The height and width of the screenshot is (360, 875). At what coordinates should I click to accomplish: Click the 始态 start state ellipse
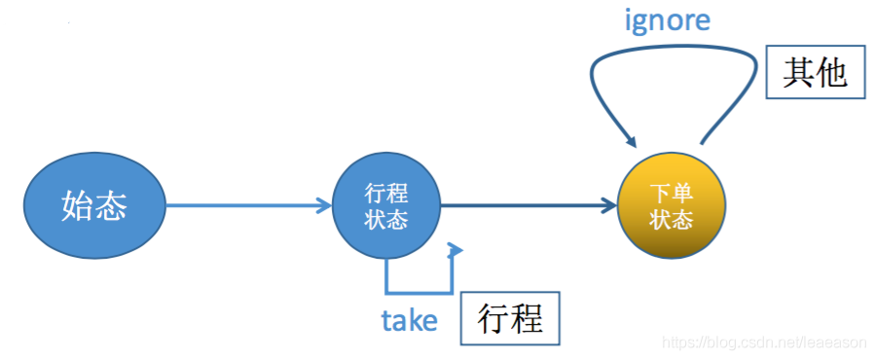(94, 206)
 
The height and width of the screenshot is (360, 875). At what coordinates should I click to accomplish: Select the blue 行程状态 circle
(386, 206)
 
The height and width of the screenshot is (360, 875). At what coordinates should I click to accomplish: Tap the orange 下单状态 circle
(672, 206)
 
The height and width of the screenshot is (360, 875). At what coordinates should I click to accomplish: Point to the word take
(409, 320)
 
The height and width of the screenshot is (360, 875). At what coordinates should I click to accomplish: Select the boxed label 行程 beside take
(511, 318)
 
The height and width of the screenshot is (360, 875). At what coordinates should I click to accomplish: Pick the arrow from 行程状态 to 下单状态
(526, 206)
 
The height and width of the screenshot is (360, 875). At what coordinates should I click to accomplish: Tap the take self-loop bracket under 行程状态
(419, 289)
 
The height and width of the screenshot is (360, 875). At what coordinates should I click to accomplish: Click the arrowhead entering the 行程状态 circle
(325, 206)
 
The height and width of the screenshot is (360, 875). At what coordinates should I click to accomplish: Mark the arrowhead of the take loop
(454, 251)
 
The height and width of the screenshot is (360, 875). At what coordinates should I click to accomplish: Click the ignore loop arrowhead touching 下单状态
(626, 143)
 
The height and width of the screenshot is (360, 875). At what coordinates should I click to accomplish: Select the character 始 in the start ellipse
(78, 206)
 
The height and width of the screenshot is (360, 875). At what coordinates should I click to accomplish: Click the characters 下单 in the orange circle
(672, 194)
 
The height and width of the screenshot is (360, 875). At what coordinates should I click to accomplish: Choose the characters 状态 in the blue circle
(386, 220)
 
